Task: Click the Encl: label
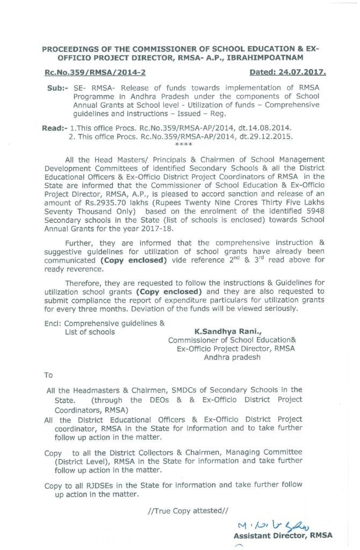click(52, 323)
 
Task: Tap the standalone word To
click(48, 375)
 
